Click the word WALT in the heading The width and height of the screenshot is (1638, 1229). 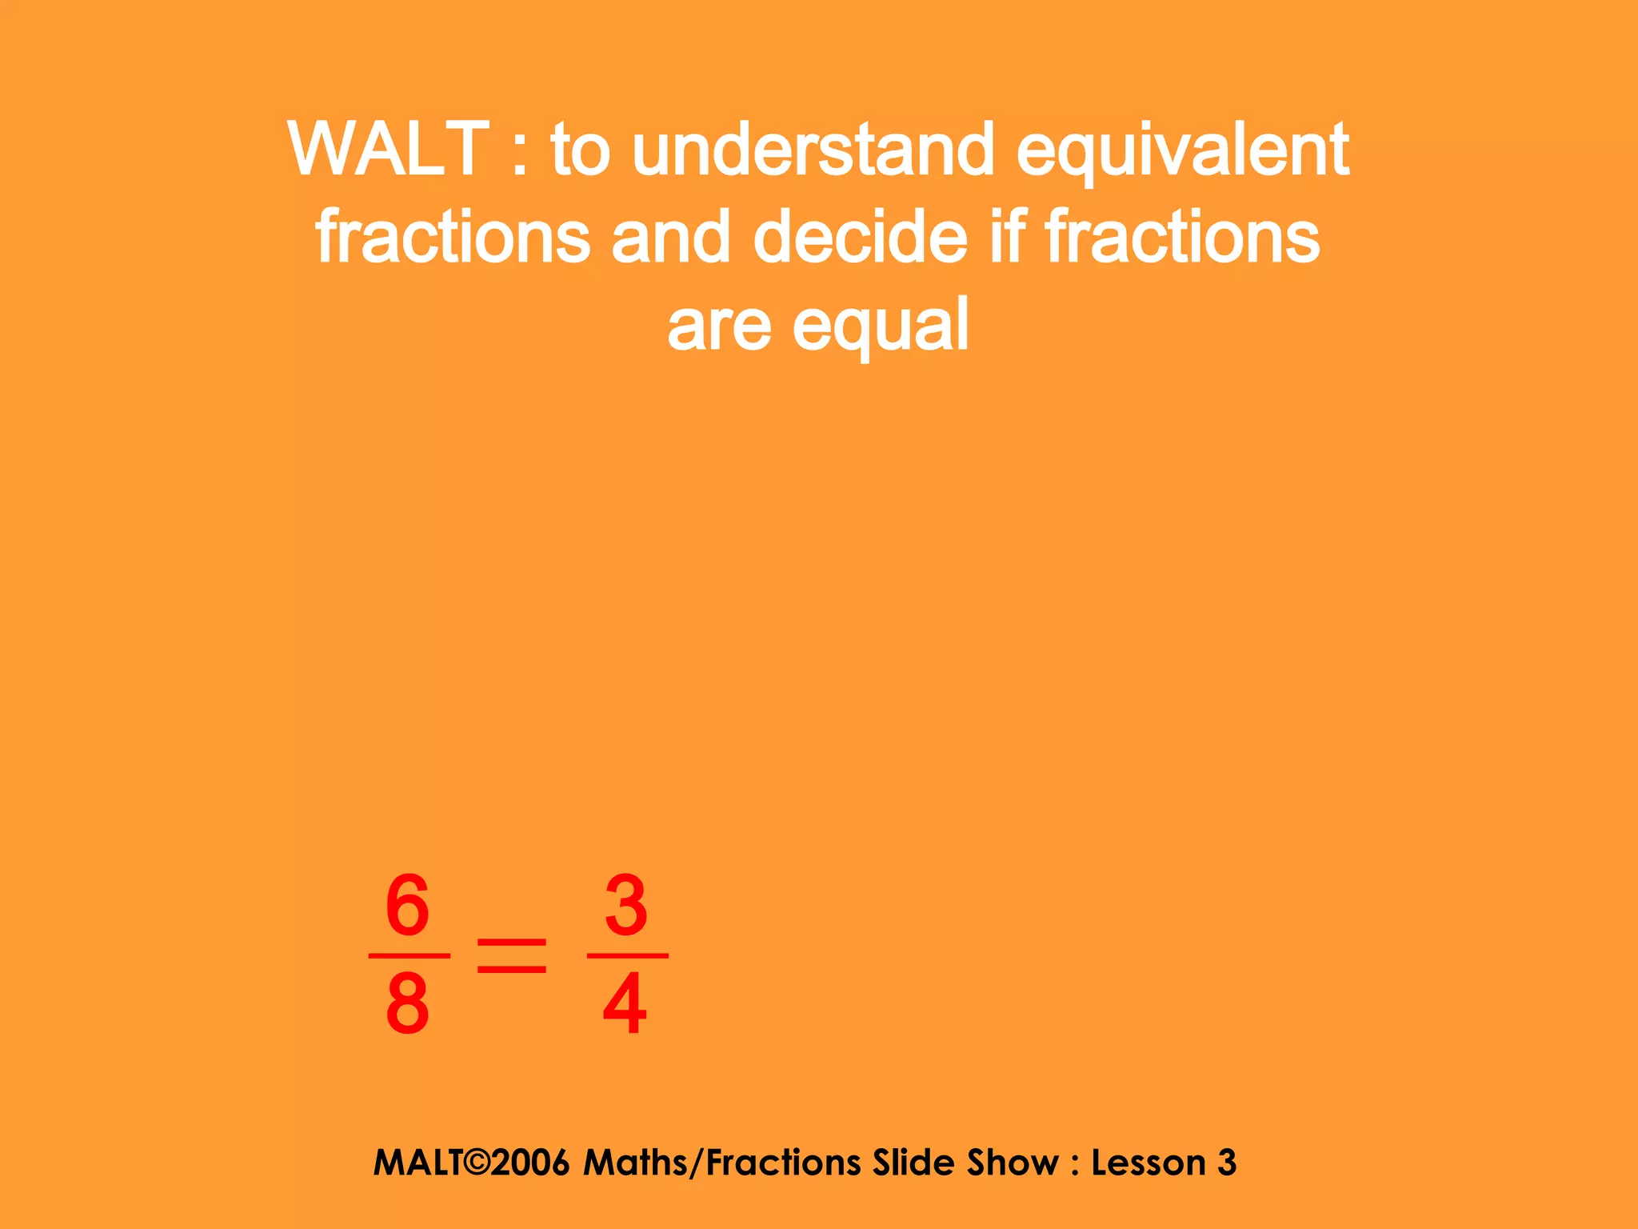click(389, 149)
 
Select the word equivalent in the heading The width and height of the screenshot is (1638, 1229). click(1182, 152)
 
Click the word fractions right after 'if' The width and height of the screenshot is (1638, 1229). click(1182, 237)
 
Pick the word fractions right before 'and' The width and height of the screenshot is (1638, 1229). click(453, 237)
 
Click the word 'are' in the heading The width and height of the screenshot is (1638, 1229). click(719, 326)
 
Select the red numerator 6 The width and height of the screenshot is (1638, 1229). click(408, 906)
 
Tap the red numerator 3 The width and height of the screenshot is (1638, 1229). click(626, 906)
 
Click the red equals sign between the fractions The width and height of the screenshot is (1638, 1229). click(512, 956)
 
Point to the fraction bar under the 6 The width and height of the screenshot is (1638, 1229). click(409, 955)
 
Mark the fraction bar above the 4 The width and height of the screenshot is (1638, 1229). click(627, 955)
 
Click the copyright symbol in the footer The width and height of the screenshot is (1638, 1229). click(474, 1163)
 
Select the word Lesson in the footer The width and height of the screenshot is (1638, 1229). click(1148, 1163)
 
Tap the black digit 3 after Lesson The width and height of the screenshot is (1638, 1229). click(1227, 1163)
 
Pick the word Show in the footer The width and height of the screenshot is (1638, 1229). click(1013, 1163)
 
